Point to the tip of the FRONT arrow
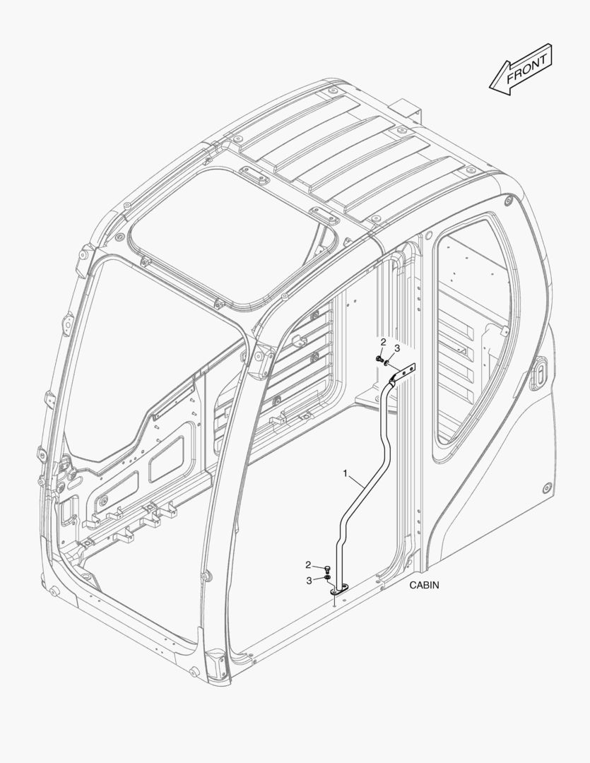click(x=490, y=87)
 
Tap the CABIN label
click(x=424, y=585)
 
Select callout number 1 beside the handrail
click(x=346, y=473)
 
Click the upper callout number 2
click(x=383, y=342)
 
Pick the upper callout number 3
click(x=396, y=348)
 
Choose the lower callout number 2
click(x=308, y=565)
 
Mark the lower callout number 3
click(x=309, y=580)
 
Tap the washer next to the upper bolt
click(x=387, y=362)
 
